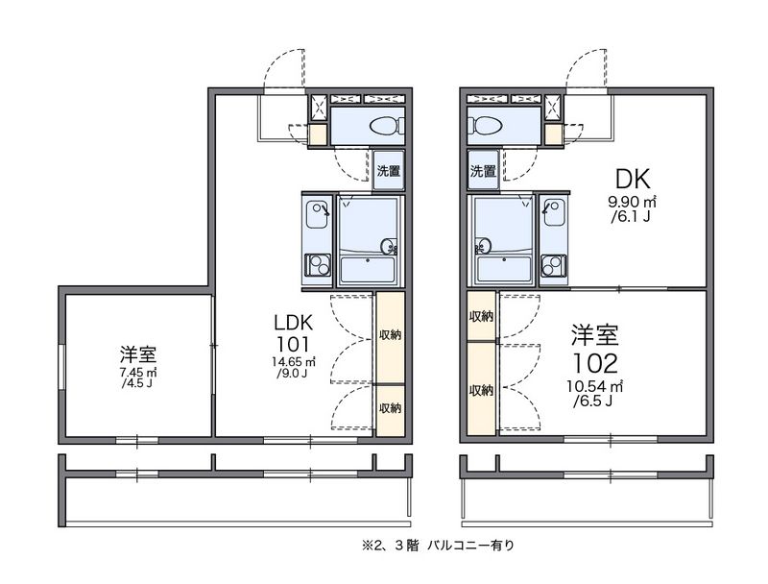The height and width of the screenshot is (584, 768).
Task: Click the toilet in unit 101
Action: click(384, 126)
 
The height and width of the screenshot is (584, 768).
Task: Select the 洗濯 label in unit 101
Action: click(388, 171)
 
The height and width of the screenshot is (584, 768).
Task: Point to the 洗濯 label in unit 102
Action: click(483, 172)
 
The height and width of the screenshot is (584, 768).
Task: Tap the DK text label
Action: click(634, 179)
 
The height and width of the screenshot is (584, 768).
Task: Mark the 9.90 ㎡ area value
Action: click(632, 202)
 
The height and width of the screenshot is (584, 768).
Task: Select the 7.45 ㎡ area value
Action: click(138, 372)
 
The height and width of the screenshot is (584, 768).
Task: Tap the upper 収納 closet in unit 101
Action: click(389, 335)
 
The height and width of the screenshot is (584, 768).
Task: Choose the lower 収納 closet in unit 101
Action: click(389, 408)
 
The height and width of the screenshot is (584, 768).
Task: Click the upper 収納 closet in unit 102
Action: click(481, 317)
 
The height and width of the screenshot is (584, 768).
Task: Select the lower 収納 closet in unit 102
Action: click(481, 390)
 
